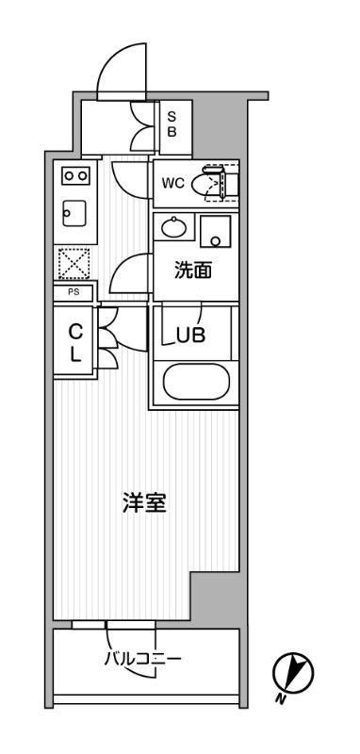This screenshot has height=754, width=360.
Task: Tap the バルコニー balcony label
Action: [x=142, y=658]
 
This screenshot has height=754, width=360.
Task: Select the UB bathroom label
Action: [x=190, y=336]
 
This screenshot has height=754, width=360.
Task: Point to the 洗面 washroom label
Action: [x=193, y=271]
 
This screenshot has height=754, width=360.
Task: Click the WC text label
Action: [x=173, y=183]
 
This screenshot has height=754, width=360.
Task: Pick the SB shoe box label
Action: [x=172, y=124]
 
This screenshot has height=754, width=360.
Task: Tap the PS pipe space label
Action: [x=74, y=292]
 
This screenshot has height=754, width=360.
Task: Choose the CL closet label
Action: [x=74, y=342]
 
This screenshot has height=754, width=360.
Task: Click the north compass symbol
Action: [x=293, y=672]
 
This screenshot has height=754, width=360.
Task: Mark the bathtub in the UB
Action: [x=196, y=382]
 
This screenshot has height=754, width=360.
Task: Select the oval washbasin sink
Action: [x=173, y=227]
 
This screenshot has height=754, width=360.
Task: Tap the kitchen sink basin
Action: [x=74, y=213]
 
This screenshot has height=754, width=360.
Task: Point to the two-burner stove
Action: [x=75, y=175]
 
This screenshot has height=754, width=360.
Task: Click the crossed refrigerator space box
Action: [x=74, y=263]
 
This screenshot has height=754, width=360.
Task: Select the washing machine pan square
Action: [x=215, y=231]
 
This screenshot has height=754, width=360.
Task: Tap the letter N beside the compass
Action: [x=279, y=699]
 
